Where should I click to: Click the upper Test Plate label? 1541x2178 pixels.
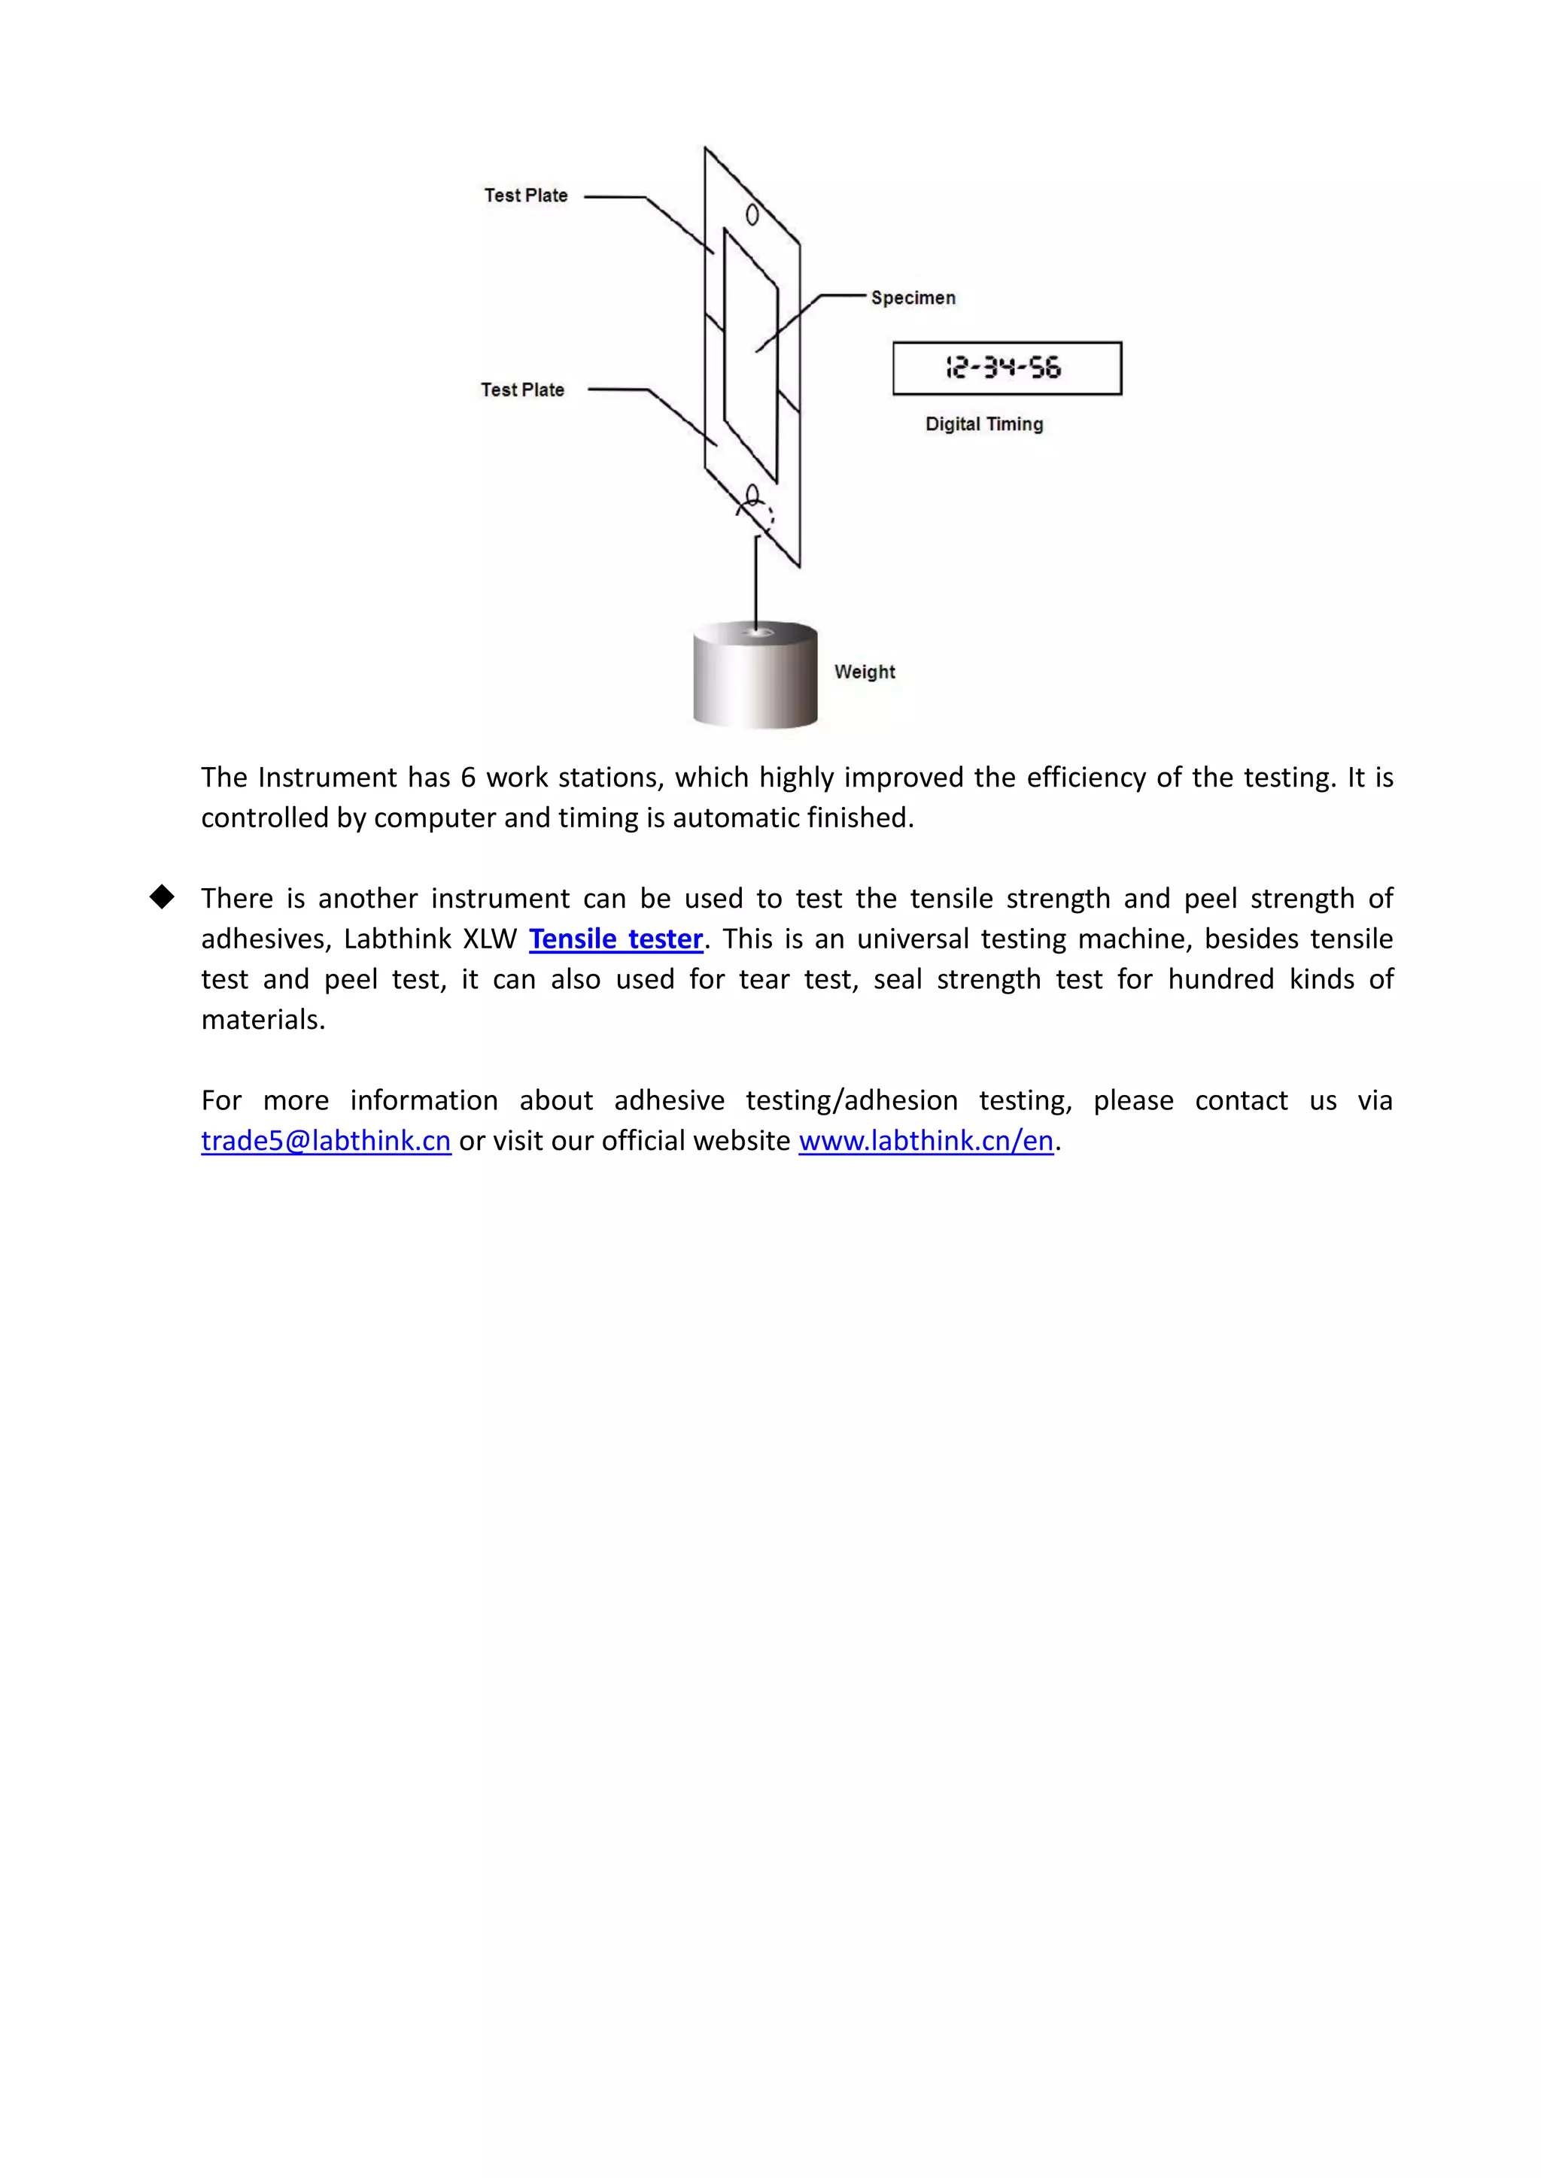[x=526, y=196]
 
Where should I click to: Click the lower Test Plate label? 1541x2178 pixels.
[x=522, y=390]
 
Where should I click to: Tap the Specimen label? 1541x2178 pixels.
[x=913, y=298]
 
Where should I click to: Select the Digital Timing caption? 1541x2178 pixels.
[x=984, y=424]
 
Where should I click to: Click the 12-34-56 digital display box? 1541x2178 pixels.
[x=1007, y=368]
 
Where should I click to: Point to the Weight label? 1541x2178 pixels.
[x=865, y=672]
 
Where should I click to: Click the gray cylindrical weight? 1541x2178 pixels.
[x=755, y=675]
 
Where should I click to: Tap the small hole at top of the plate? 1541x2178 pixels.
[x=752, y=215]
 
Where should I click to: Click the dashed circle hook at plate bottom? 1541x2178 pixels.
[x=759, y=512]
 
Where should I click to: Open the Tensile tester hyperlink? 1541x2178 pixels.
[x=615, y=939]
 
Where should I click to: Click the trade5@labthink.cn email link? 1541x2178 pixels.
[x=326, y=1140]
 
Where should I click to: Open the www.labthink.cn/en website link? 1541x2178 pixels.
[x=926, y=1140]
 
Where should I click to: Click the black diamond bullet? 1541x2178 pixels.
[x=163, y=897]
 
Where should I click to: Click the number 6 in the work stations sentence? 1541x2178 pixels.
[x=468, y=778]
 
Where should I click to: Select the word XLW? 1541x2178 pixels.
[x=490, y=939]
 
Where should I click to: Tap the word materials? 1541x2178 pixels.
[x=262, y=1020]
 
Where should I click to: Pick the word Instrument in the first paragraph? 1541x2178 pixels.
[x=327, y=778]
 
